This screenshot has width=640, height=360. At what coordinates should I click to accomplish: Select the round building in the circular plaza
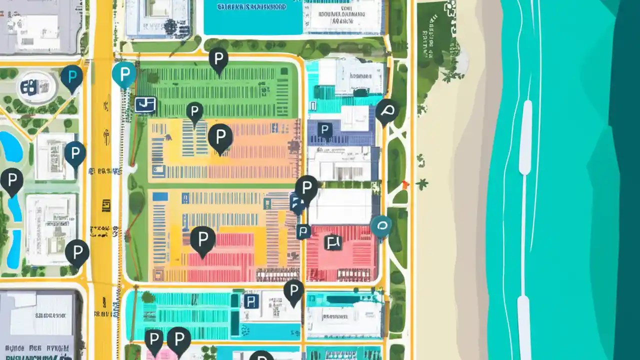[x=37, y=87]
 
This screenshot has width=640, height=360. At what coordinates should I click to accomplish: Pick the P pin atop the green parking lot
[x=218, y=59]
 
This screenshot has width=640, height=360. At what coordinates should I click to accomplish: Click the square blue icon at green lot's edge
[x=145, y=104]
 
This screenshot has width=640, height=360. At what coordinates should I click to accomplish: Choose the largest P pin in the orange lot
[x=220, y=136]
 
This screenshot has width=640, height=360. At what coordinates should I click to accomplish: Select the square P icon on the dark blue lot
[x=325, y=130]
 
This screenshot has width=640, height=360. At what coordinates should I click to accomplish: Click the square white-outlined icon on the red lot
[x=332, y=242]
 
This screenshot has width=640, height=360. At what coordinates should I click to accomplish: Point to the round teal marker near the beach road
[x=381, y=226]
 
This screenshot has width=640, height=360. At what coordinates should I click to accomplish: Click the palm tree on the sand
[x=422, y=184]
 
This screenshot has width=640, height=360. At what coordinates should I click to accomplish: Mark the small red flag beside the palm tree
[x=405, y=184]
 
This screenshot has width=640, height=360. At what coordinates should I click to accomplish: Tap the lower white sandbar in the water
[x=523, y=325]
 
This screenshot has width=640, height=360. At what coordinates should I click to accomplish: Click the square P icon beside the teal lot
[x=251, y=300]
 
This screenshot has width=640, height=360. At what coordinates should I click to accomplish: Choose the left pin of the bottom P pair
[x=153, y=339]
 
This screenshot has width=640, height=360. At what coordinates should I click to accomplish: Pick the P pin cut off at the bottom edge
[x=261, y=355]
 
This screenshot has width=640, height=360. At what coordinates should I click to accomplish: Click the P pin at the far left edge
[x=11, y=180]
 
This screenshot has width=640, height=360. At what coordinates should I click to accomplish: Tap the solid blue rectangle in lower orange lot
[x=160, y=196]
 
